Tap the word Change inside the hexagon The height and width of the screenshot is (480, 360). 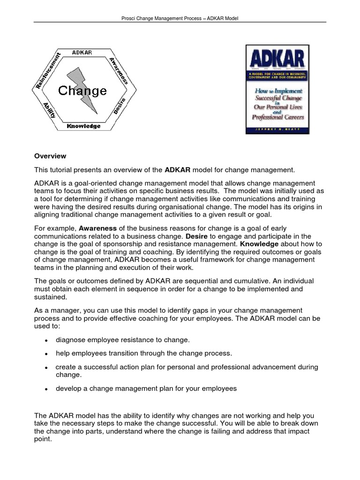click(x=82, y=90)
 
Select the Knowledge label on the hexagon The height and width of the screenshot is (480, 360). click(x=83, y=126)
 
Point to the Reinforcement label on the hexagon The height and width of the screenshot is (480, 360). click(x=48, y=71)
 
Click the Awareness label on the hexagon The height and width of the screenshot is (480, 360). click(x=118, y=71)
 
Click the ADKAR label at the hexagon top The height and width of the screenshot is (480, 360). click(x=82, y=52)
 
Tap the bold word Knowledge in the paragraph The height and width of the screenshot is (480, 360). click(x=259, y=244)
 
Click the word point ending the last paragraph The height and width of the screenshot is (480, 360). click(x=43, y=440)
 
